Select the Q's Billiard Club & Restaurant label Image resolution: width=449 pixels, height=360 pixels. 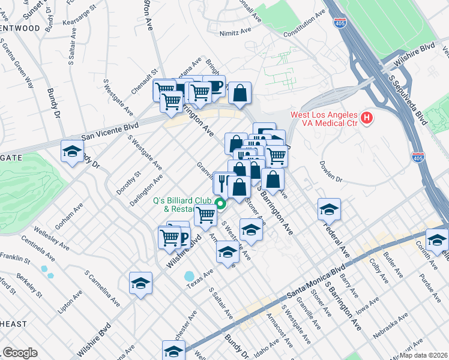click(x=174, y=205)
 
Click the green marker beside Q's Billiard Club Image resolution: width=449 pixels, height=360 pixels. click(x=220, y=204)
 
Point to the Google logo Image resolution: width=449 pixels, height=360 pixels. click(x=19, y=353)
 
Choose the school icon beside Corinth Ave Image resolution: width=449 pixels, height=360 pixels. click(x=437, y=239)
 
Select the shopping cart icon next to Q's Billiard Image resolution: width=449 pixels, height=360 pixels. click(x=206, y=215)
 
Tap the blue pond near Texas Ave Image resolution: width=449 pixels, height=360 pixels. click(x=190, y=277)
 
